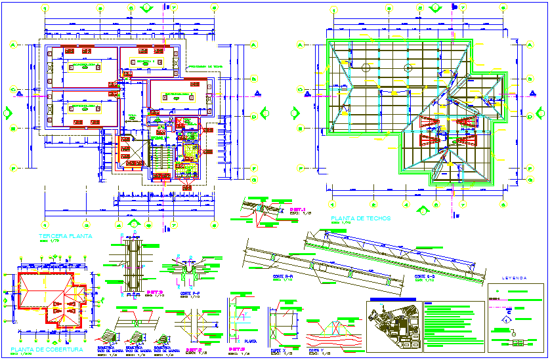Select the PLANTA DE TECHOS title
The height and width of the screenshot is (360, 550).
click(x=361, y=218)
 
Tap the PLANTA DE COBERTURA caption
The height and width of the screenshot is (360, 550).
click(x=43, y=350)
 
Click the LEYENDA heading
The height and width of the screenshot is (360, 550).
click(x=515, y=278)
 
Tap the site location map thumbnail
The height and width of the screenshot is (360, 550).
click(x=392, y=325)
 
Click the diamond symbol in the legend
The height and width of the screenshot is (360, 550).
click(x=507, y=319)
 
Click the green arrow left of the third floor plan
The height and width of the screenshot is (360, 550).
click(x=7, y=112)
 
